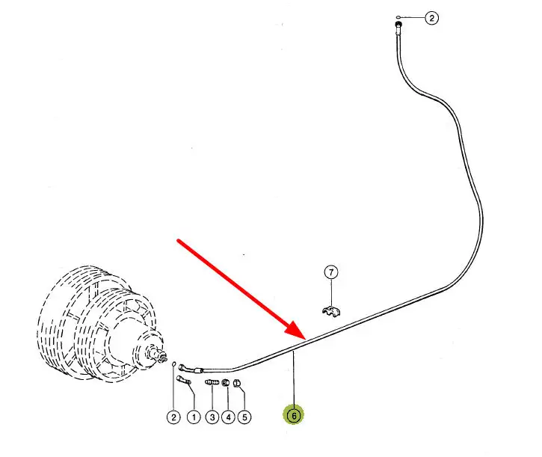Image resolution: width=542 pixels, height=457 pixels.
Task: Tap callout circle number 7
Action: (x=331, y=272)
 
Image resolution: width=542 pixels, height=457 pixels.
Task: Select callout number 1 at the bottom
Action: (x=193, y=417)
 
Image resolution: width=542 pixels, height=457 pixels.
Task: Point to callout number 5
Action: (x=244, y=417)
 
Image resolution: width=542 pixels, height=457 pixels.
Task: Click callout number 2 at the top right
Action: (x=431, y=18)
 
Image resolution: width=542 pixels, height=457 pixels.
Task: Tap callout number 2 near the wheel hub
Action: (x=173, y=417)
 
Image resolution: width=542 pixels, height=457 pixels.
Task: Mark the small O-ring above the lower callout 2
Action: (x=174, y=364)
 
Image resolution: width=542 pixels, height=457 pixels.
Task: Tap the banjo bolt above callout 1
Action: (x=182, y=381)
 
